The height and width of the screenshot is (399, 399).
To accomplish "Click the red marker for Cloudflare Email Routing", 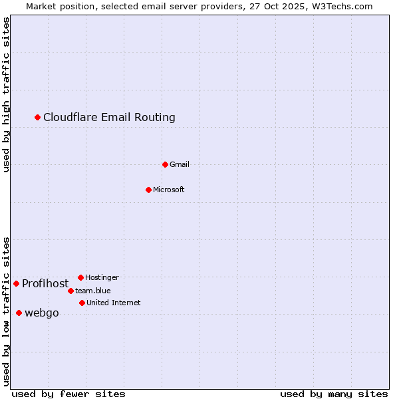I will point(38,117).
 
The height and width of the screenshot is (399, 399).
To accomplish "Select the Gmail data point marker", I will point(165,164).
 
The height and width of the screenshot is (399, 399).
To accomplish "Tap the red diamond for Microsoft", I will point(148,190).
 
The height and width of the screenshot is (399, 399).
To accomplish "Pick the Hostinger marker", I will point(80,277).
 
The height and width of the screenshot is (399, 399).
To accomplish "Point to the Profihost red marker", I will point(16,283).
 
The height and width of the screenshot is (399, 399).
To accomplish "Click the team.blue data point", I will point(70,291).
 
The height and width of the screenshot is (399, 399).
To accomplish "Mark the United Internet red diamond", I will point(82,303).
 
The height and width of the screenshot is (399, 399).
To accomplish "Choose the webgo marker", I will point(19,313).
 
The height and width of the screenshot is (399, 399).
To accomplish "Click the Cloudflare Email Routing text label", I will point(109,118).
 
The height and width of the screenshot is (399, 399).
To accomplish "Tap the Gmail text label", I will point(180,165).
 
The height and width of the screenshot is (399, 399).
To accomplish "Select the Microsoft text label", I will point(169,190).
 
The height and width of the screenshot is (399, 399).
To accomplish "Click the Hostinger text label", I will point(102,277).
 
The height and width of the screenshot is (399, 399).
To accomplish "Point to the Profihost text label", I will point(45,284).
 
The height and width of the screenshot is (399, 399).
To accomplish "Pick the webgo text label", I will point(42,313).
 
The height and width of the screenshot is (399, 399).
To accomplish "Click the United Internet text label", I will point(113,303).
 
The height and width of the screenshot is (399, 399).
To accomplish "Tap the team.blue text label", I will point(93,291).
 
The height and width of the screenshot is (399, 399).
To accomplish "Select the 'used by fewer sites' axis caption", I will point(68,394).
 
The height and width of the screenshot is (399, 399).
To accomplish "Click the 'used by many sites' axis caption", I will point(334,394).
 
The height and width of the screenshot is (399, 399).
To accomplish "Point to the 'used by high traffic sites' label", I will point(7,94).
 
